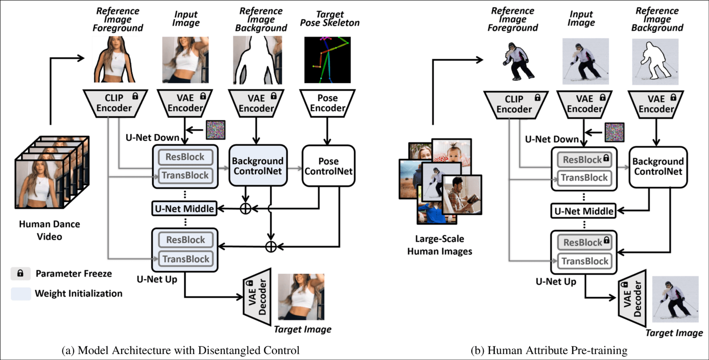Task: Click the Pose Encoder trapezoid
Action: click(327, 103)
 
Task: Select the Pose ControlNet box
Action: click(329, 166)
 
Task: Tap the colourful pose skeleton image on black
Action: click(327, 60)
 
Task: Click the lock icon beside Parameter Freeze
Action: click(20, 273)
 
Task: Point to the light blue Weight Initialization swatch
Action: click(21, 294)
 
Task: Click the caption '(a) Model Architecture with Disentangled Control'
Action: click(180, 350)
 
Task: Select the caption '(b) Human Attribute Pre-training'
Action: click(549, 350)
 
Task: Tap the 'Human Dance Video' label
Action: click(49, 230)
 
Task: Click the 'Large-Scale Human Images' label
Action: click(440, 245)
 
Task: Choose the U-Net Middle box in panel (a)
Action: click(184, 209)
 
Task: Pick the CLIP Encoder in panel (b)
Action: click(514, 104)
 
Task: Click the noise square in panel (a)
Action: click(216, 130)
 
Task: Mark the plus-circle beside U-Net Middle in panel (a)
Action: click(246, 209)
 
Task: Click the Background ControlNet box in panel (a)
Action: click(258, 166)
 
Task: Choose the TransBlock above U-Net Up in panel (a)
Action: click(185, 259)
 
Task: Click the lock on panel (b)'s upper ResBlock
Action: click(606, 158)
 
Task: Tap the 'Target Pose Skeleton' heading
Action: click(330, 19)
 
